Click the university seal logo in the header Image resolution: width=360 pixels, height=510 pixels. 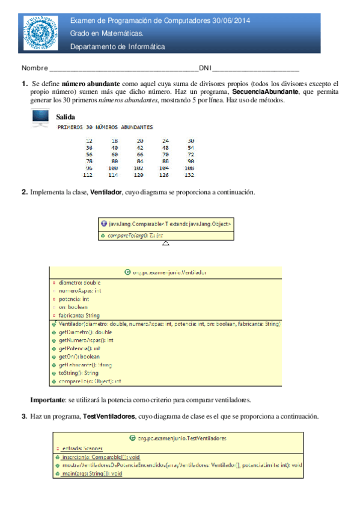41,33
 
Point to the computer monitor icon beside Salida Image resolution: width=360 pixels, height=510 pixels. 40,120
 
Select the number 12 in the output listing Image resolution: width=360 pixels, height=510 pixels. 90,140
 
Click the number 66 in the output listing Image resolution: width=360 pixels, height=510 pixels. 140,154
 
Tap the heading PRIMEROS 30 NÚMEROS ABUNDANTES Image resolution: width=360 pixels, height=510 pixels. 105,127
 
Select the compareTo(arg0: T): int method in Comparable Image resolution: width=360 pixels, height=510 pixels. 134,236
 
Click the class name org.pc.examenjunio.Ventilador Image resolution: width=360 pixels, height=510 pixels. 165,272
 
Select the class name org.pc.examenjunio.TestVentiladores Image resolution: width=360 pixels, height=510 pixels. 177,438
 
